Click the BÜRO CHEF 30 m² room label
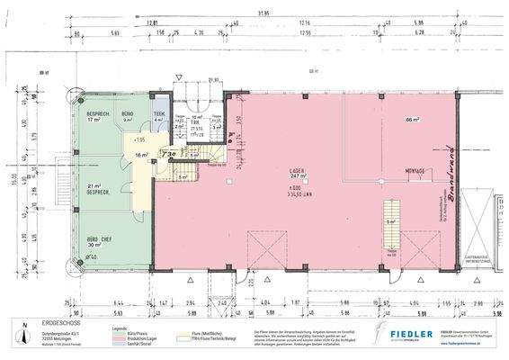[94, 241]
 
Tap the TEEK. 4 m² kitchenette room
[159, 116]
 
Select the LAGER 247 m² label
[299, 177]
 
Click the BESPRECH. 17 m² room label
[98, 117]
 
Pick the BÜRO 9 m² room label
[129, 117]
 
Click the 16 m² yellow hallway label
[140, 155]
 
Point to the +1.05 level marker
[139, 140]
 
